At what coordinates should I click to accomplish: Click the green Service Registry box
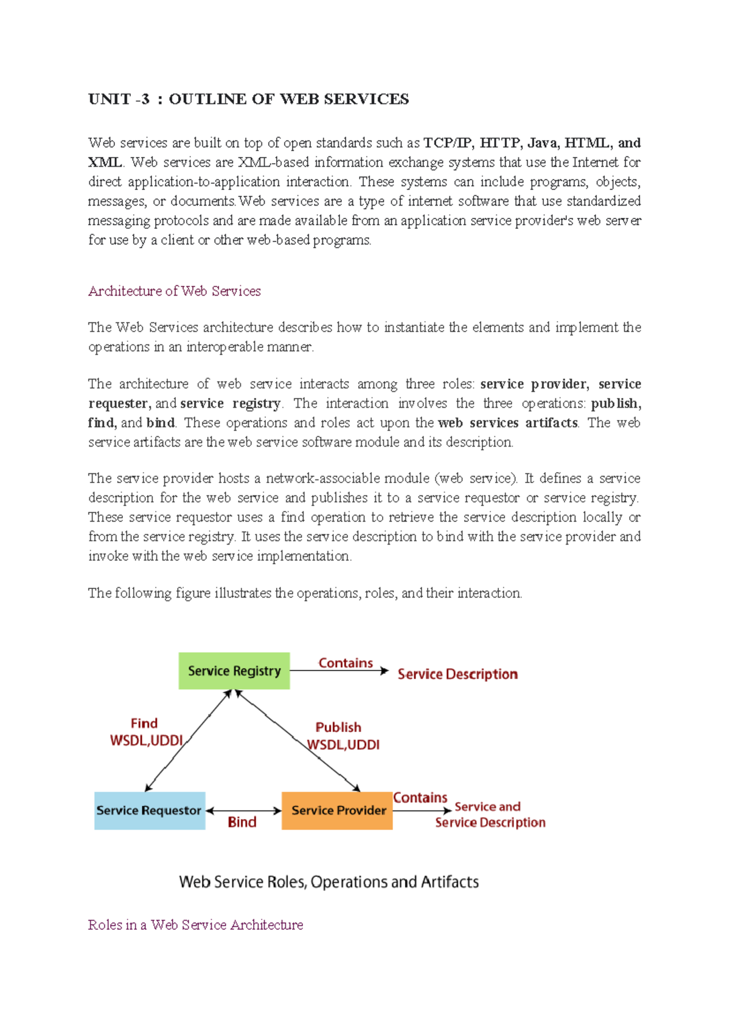pos(234,671)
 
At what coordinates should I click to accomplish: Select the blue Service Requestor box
pos(149,811)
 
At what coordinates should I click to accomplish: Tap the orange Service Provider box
pos(338,811)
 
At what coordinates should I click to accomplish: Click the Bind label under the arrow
pos(242,823)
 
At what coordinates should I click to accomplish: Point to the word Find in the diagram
pos(144,723)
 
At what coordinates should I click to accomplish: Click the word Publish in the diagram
pos(338,727)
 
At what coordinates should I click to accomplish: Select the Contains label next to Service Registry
pos(346,663)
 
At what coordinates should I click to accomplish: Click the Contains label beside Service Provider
pos(420,798)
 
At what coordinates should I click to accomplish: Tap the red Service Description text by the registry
pos(457,674)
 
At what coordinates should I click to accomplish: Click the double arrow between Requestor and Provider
pos(243,811)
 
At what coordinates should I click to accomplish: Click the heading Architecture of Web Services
pos(175,291)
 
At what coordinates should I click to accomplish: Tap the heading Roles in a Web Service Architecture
pos(195,925)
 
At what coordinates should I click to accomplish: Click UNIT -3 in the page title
pos(119,99)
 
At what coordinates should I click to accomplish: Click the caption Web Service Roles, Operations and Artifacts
pos(328,882)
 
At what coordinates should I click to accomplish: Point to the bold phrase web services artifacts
pos(507,423)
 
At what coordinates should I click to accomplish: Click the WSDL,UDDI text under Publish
pos(344,745)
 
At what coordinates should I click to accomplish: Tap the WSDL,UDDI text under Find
pos(146,741)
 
